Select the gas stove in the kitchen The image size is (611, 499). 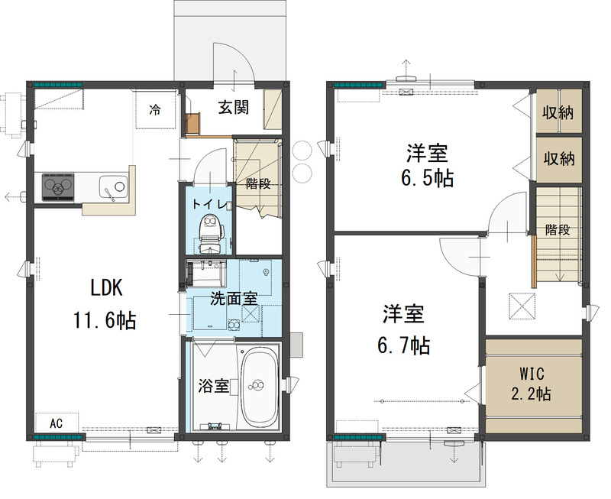pos(58,185)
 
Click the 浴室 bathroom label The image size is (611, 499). pos(213,386)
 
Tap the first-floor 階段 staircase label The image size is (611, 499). pos(258,183)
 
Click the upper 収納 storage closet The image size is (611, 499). pos(558,112)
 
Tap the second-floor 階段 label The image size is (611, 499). pos(558,230)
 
